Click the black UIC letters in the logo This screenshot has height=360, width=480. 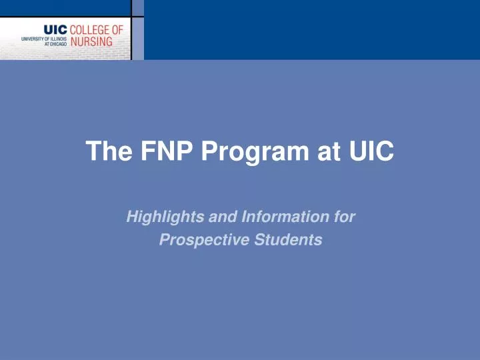point(55,29)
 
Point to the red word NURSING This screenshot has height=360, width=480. point(91,41)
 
